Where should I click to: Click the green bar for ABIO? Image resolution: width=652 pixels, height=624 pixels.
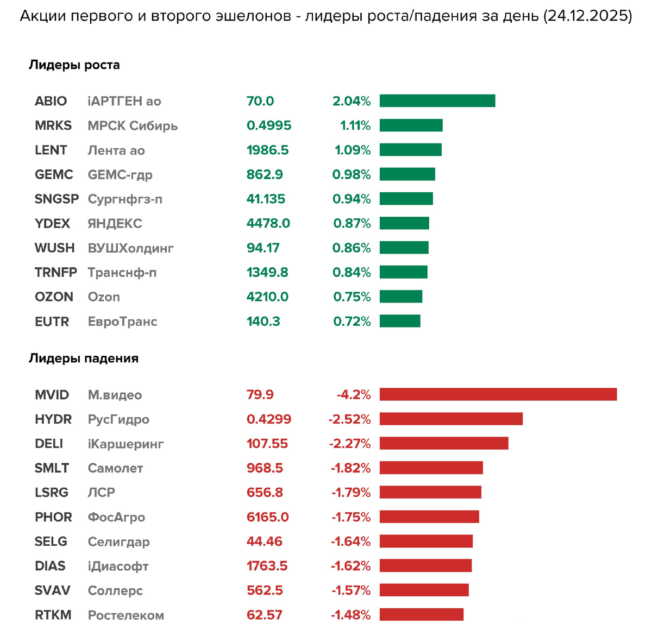437,101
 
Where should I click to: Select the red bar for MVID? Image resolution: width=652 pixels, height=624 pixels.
498,394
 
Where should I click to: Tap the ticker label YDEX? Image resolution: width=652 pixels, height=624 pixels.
52,223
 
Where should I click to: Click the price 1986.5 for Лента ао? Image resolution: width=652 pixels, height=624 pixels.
267,150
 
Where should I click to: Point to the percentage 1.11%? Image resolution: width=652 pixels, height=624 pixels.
355,125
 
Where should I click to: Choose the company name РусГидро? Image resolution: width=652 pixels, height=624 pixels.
118,419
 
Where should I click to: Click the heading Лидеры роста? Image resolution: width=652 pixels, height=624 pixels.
74,65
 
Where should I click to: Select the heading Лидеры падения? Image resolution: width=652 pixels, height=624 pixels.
84,358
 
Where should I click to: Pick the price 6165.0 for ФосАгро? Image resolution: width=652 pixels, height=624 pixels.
268,517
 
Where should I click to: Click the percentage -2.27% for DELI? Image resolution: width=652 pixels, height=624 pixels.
350,444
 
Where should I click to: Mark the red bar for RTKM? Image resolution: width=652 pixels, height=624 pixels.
422,615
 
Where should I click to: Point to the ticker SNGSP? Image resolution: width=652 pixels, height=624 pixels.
57,199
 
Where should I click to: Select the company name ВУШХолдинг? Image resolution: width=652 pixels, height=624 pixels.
130,248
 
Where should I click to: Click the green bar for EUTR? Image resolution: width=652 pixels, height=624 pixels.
400,321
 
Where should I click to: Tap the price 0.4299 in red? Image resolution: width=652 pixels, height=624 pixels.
269,419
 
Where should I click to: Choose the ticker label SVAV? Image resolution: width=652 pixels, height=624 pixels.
53,590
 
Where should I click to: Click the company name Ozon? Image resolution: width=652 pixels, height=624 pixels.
104,297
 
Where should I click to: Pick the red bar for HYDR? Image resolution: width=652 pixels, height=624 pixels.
451,419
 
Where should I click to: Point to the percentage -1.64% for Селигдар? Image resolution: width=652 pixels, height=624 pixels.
351,541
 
